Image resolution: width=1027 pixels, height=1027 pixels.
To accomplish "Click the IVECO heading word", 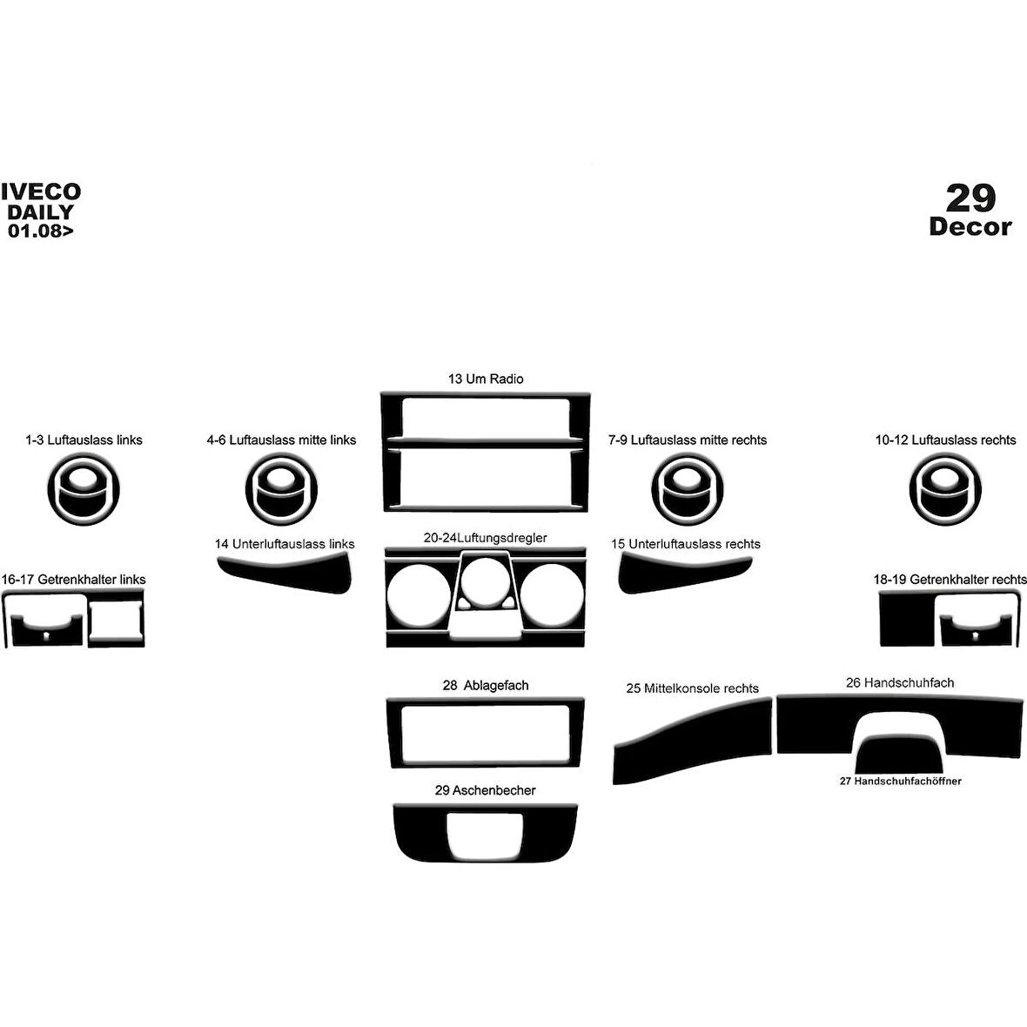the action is pyautogui.click(x=41, y=191).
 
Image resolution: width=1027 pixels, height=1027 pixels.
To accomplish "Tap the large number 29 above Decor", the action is pyautogui.click(x=970, y=198).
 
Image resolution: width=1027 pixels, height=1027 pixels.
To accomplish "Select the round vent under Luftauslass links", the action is pyautogui.click(x=84, y=489).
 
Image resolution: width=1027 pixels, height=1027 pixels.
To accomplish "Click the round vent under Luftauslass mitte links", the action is pyautogui.click(x=282, y=489).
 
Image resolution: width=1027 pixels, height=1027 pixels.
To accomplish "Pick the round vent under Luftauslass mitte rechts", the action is pyautogui.click(x=687, y=489).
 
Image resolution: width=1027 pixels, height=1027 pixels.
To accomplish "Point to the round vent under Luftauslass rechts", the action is pyautogui.click(x=945, y=489).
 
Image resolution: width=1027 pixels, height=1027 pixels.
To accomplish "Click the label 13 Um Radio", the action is pyautogui.click(x=486, y=379).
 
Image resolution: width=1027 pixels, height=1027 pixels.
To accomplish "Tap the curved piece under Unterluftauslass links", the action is pyautogui.click(x=285, y=573).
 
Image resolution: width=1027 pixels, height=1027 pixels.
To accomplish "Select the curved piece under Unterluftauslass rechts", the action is pyautogui.click(x=684, y=573).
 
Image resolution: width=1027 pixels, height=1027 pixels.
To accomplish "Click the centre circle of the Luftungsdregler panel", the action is pyautogui.click(x=486, y=581).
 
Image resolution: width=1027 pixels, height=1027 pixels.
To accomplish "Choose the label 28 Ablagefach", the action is pyautogui.click(x=486, y=685).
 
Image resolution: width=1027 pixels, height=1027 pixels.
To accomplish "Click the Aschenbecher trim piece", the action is pyautogui.click(x=486, y=832).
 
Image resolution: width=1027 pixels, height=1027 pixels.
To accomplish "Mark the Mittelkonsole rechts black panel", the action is pyautogui.click(x=692, y=741).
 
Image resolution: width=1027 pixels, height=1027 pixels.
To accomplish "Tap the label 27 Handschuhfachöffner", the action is pyautogui.click(x=901, y=781).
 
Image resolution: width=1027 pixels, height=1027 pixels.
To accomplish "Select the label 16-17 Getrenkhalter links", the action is pyautogui.click(x=73, y=579).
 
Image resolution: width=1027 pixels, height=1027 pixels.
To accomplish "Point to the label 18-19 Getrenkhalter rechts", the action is pyautogui.click(x=950, y=579).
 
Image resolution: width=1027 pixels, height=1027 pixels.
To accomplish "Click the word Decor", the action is pyautogui.click(x=970, y=226).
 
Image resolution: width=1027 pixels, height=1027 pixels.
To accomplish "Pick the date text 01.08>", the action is pyautogui.click(x=41, y=231).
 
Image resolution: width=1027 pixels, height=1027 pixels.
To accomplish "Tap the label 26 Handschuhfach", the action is pyautogui.click(x=900, y=682).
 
